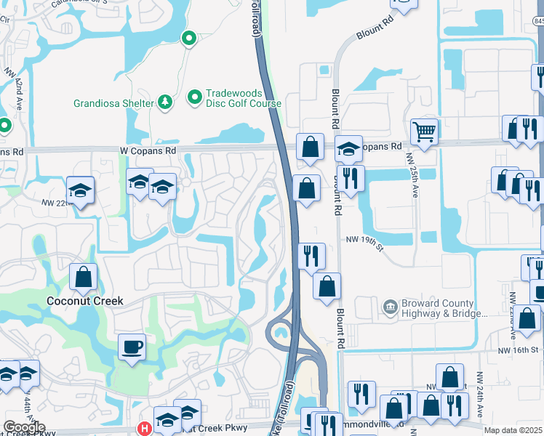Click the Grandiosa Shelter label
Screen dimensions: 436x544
[113, 103]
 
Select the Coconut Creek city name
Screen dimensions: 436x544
[85, 301]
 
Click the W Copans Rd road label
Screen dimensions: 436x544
[148, 150]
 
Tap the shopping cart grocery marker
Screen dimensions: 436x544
[425, 132]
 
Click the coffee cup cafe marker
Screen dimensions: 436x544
[132, 346]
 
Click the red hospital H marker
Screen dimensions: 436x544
[145, 429]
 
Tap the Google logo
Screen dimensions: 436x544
[24, 427]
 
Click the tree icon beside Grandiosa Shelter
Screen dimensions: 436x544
[166, 102]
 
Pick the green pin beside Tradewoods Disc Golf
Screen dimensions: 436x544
[195, 97]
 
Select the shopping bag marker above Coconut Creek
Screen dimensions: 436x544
[84, 276]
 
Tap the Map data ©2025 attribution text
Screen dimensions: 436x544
[513, 430]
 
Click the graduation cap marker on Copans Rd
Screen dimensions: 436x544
[349, 149]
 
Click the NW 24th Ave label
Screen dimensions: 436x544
[480, 389]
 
